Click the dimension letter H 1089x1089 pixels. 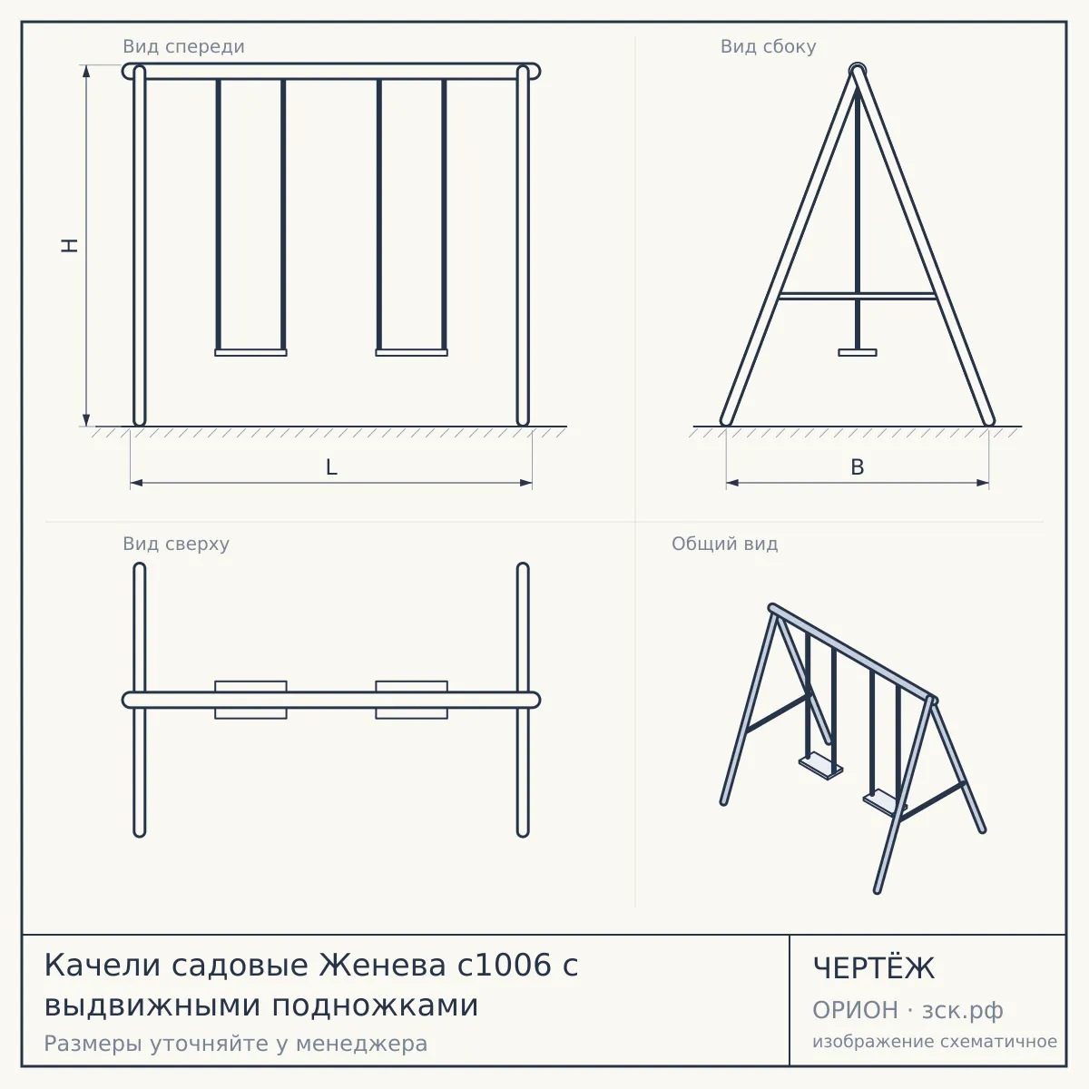click(70, 245)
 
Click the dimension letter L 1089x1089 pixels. click(332, 467)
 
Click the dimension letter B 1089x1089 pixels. click(858, 467)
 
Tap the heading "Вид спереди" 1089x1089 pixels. click(183, 46)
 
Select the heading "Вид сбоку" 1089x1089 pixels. click(768, 46)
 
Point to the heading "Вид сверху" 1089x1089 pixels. click(176, 544)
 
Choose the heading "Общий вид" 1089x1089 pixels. click(724, 544)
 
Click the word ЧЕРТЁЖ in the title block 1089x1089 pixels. click(874, 968)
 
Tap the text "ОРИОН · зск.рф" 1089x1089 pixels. click(907, 1010)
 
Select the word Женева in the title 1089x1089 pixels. click(383, 965)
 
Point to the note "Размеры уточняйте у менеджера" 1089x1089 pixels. click(236, 1044)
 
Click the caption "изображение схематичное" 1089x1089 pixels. click(935, 1041)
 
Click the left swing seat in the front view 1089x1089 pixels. click(250, 353)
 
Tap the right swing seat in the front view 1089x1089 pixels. click(412, 353)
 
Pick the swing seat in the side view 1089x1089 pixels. click(858, 353)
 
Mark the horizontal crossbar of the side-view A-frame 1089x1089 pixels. click(858, 296)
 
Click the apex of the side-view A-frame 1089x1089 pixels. click(858, 69)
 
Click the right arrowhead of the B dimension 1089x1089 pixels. click(983, 483)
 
